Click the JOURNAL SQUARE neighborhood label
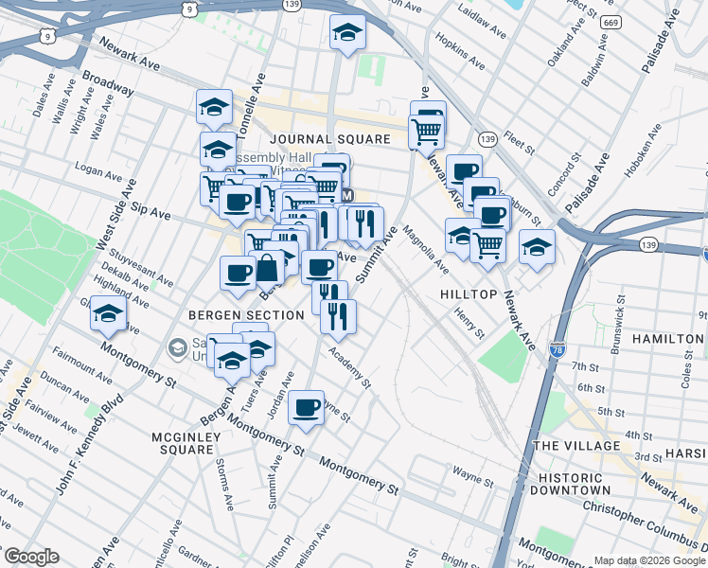[328, 139]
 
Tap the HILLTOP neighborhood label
[469, 294]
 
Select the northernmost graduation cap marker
[347, 33]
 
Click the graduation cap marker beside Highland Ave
[109, 313]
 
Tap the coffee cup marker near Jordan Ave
[306, 407]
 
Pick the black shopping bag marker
[268, 268]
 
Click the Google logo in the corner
[30, 557]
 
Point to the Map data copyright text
[649, 560]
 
